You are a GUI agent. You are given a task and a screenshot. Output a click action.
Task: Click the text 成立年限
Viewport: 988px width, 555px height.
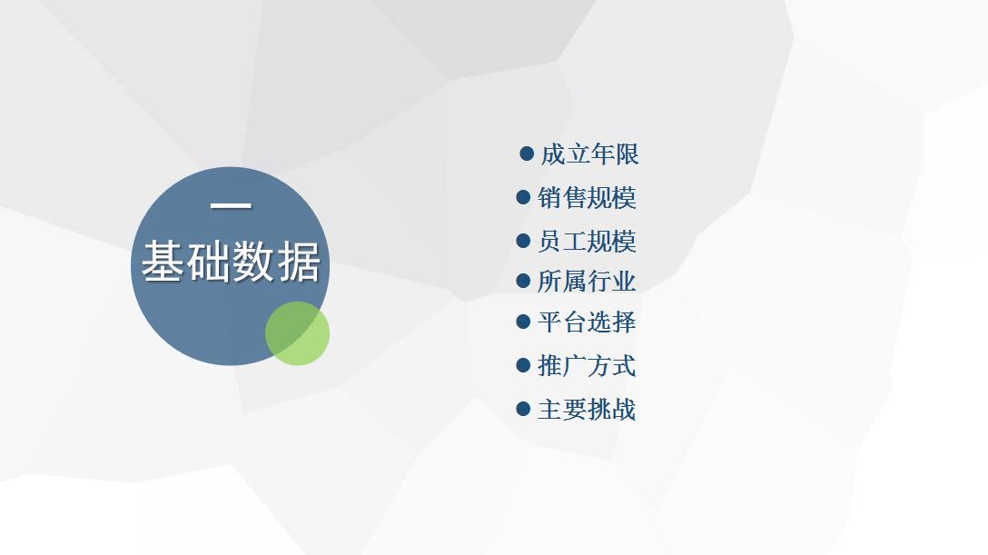click(589, 154)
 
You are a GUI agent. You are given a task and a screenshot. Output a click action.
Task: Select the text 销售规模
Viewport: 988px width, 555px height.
click(587, 198)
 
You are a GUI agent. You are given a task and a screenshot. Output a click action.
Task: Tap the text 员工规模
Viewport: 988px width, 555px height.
click(587, 242)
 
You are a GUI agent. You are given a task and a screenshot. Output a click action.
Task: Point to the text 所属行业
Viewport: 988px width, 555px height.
click(587, 281)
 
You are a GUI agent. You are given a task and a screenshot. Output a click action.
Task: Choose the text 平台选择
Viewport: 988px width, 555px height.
click(587, 322)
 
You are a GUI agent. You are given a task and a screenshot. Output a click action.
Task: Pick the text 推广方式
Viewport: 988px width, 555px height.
click(587, 365)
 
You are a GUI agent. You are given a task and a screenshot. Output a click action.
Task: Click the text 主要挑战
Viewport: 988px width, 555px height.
click(587, 410)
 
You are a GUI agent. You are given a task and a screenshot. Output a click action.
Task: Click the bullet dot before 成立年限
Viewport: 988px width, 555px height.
click(527, 154)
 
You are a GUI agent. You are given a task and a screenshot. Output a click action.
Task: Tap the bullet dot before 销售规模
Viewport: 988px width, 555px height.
click(523, 197)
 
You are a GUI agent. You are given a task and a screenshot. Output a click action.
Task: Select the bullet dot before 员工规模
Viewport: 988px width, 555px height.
click(523, 241)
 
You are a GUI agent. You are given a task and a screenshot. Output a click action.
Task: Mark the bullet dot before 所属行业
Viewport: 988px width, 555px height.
click(523, 281)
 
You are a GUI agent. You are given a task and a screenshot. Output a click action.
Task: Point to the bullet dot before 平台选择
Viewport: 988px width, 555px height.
click(523, 322)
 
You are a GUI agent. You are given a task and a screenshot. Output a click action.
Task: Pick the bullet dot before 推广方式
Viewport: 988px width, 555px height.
click(523, 365)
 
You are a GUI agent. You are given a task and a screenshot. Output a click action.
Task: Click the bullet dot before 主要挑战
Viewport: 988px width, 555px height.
click(523, 409)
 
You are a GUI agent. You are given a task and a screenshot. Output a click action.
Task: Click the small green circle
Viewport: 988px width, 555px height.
click(298, 333)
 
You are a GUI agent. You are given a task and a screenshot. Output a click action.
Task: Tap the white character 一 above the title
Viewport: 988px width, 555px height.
click(231, 205)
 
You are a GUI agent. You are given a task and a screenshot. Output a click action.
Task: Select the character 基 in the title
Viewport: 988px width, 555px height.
click(163, 262)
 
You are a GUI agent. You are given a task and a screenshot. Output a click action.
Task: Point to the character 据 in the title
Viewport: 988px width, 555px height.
click(300, 262)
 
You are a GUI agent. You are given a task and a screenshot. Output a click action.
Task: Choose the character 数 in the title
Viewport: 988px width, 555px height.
click(254, 262)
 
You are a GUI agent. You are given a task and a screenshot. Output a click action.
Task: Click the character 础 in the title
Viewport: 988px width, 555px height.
click(209, 262)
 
